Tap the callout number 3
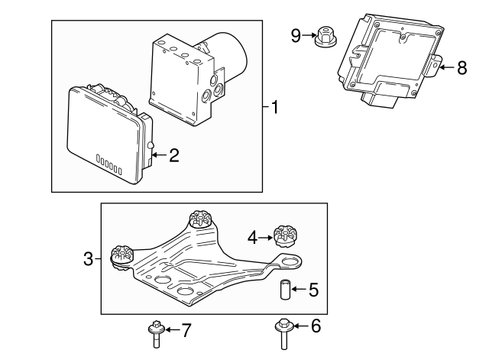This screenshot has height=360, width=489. pos(88,261)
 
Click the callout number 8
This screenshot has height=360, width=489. pos(461,68)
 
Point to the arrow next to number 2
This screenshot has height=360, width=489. pos(158,156)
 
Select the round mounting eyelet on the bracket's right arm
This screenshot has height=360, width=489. pos(290,264)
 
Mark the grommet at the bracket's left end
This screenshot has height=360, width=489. pos(122,256)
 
